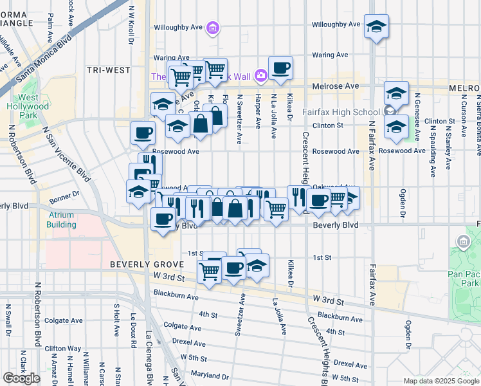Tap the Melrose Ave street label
point(335,86)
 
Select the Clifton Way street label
point(64,348)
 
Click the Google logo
point(21,378)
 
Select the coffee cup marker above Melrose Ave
point(280,68)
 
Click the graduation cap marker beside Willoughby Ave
point(376,26)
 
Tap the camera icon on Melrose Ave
point(260,76)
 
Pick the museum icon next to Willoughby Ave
point(213,28)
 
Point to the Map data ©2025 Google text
point(440,381)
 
